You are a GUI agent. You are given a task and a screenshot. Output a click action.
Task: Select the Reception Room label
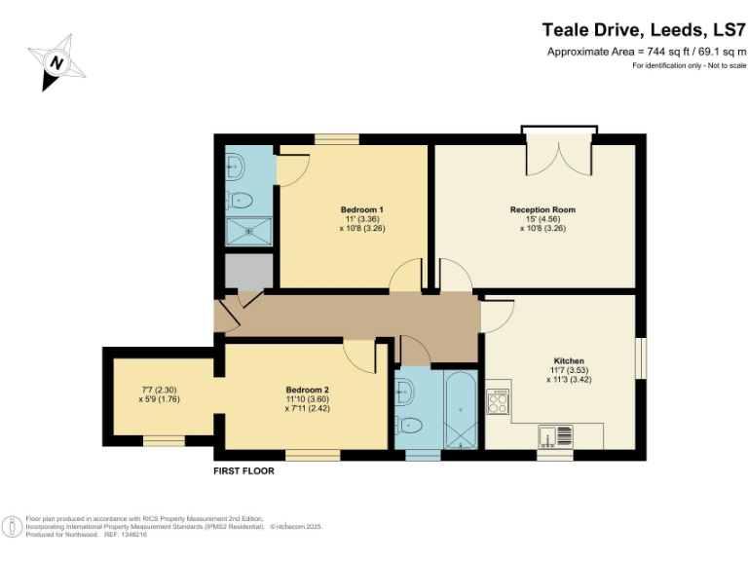click(542, 209)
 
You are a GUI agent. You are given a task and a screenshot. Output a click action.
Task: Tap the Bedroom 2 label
click(307, 388)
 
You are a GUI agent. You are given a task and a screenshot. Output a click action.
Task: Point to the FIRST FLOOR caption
click(243, 471)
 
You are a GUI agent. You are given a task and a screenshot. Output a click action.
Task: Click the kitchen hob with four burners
click(499, 400)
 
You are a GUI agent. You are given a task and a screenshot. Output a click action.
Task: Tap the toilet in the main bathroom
click(410, 426)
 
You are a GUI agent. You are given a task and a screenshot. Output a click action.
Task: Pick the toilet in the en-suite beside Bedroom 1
click(240, 201)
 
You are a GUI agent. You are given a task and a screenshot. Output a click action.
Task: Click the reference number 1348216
click(131, 535)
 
